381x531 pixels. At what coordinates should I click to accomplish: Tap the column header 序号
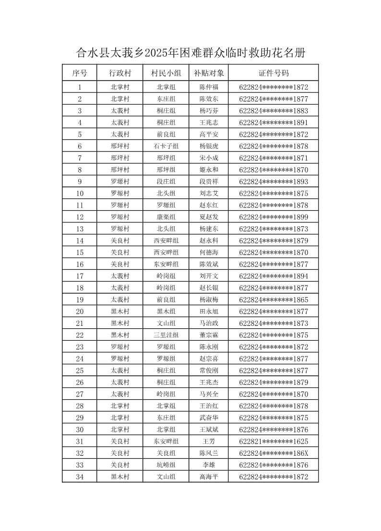click(x=80, y=73)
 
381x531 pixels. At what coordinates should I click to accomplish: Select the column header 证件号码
click(x=274, y=73)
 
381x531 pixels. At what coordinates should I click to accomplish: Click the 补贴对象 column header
click(x=209, y=73)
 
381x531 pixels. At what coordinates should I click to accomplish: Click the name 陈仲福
click(x=209, y=87)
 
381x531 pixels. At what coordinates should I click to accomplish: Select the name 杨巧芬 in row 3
click(x=209, y=111)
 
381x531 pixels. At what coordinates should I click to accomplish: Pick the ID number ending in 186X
click(x=274, y=453)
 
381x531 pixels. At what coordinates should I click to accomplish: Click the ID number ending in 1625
click(x=274, y=441)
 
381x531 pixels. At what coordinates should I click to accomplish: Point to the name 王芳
click(x=209, y=441)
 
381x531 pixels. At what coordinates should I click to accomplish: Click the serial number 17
click(x=80, y=276)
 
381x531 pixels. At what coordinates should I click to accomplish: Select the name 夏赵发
click(x=209, y=217)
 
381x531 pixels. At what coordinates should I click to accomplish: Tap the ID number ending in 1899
click(x=274, y=217)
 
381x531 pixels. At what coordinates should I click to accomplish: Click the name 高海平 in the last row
click(x=209, y=477)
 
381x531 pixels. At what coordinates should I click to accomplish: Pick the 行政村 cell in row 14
click(x=120, y=241)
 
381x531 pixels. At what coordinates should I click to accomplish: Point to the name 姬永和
click(x=209, y=170)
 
